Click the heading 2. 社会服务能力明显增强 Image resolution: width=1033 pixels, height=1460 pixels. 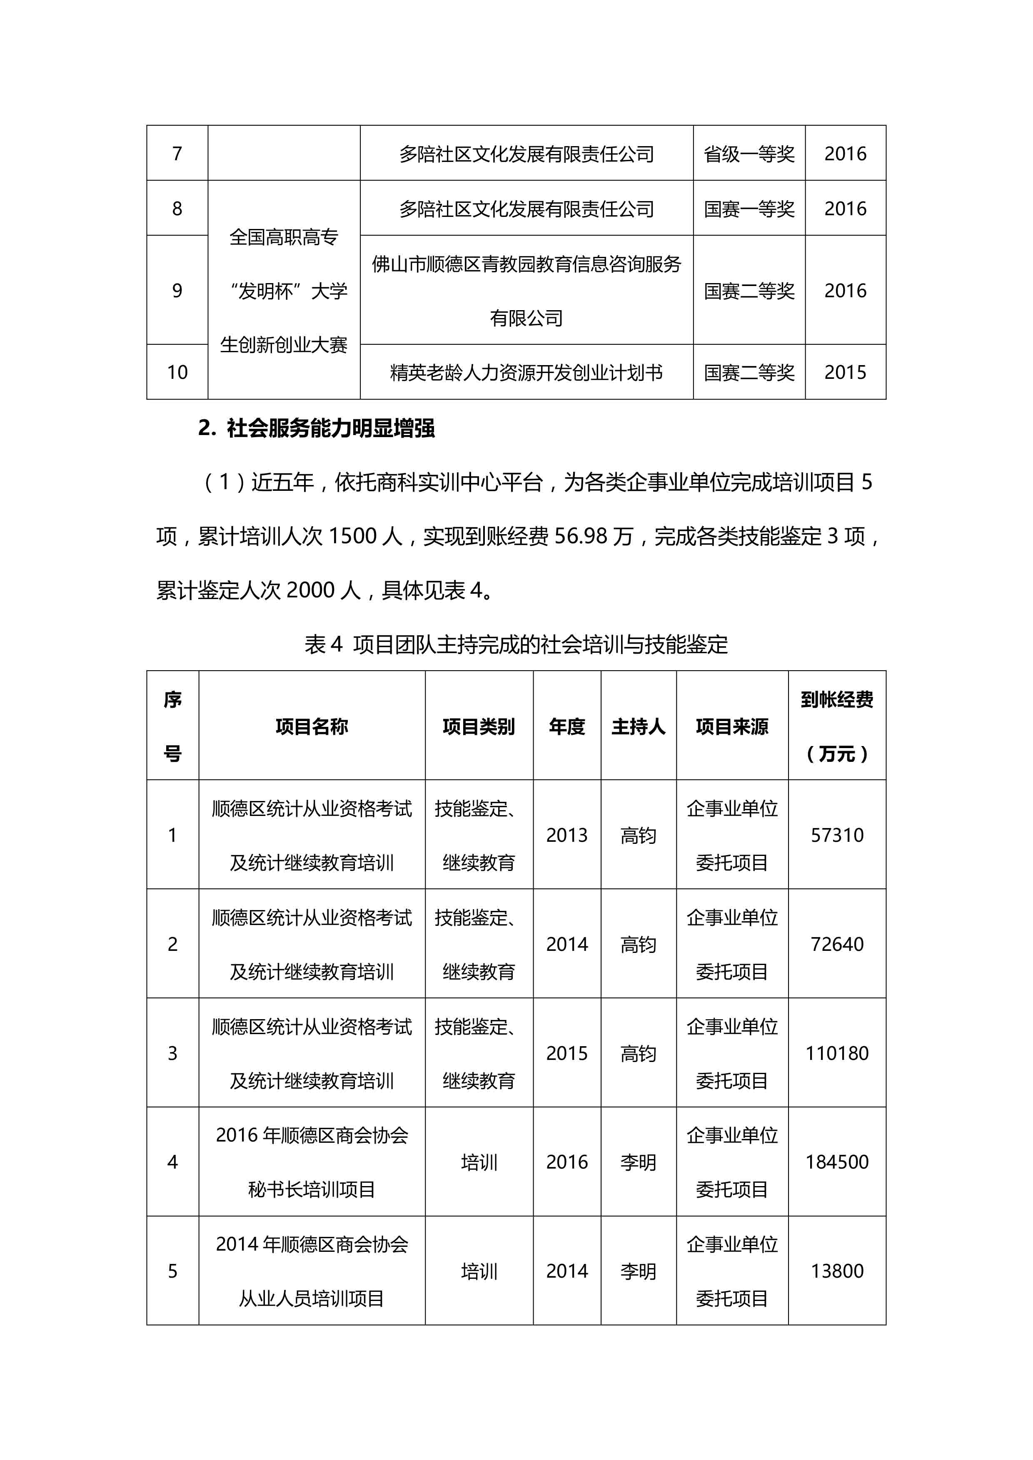click(x=316, y=428)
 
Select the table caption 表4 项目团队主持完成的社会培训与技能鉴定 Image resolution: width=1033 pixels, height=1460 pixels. click(x=516, y=645)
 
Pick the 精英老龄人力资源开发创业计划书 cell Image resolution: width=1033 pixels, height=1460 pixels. click(x=526, y=373)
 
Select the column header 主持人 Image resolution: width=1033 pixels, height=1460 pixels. click(x=638, y=726)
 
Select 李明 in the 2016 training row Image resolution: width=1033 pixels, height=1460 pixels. click(x=638, y=1162)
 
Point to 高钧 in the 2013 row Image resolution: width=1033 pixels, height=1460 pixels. click(x=638, y=836)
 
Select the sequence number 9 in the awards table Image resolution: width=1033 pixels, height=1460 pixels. click(x=177, y=291)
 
